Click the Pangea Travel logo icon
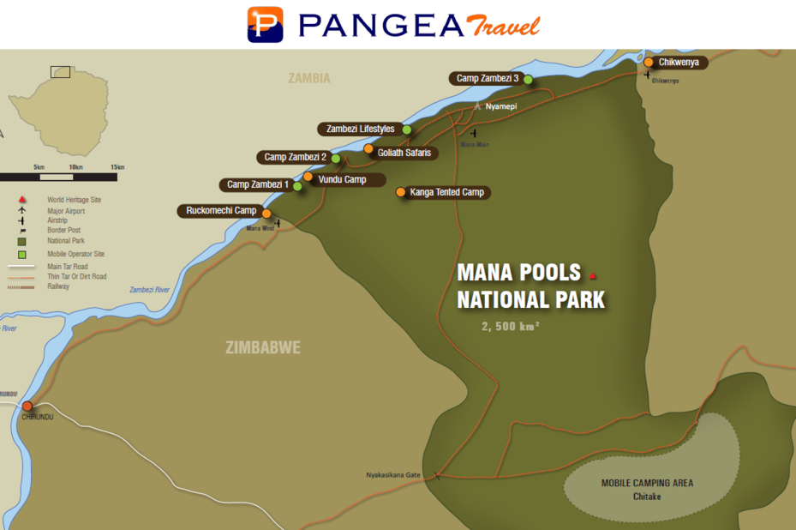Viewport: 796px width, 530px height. tap(265, 24)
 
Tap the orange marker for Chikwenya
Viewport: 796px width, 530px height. tap(649, 62)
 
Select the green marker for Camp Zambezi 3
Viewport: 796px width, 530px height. tap(529, 80)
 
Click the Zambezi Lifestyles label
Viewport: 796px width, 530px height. tap(360, 129)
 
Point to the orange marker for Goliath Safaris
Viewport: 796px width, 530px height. tap(368, 149)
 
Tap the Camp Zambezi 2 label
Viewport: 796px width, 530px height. tap(295, 157)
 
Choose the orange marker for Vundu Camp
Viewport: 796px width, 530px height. tap(308, 177)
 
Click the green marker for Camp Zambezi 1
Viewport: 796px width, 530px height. tap(297, 185)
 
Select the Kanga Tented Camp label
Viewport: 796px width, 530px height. tap(447, 192)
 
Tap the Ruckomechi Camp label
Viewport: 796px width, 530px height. tap(221, 210)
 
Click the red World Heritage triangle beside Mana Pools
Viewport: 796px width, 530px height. tap(592, 275)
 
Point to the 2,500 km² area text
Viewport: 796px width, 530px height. tap(510, 326)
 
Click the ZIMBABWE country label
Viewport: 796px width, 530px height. tap(262, 348)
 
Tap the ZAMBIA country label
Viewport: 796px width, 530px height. tap(308, 78)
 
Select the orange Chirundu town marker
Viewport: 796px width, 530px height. tap(27, 406)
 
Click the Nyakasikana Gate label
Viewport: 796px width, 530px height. tap(393, 474)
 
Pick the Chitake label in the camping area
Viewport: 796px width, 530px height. tap(647, 497)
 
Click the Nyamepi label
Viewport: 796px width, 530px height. tap(500, 106)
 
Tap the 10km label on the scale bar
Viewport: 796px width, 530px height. tap(75, 166)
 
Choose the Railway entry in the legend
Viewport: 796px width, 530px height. tap(59, 286)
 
